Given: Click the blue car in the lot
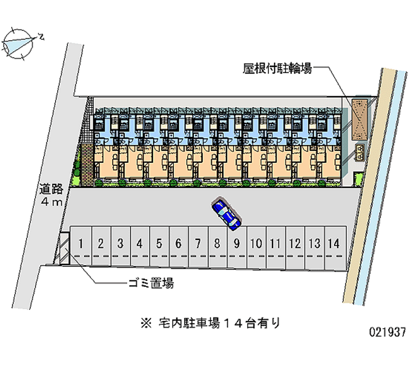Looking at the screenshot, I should click(227, 213).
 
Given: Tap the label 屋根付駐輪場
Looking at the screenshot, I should click(277, 69).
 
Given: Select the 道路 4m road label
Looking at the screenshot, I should click(52, 195).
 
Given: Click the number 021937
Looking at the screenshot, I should click(387, 332).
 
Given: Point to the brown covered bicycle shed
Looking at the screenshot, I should click(360, 118).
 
